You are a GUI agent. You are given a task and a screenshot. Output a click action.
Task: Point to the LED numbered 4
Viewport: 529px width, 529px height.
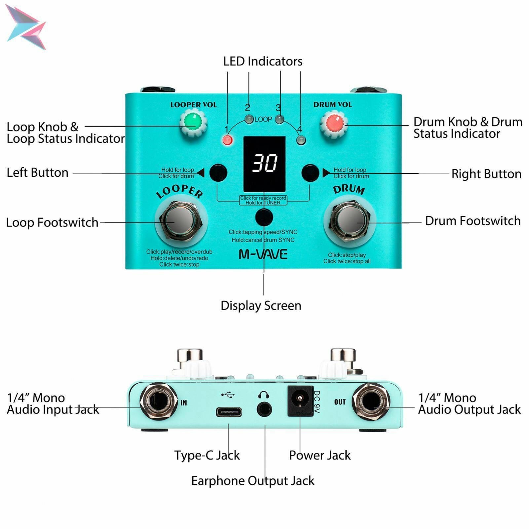(301, 140)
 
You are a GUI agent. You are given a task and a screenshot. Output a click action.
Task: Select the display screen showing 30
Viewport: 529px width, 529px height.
(264, 164)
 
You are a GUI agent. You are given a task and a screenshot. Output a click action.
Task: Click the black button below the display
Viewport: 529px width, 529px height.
(264, 217)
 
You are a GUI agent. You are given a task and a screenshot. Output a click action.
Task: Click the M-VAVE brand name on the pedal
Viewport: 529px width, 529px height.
(263, 254)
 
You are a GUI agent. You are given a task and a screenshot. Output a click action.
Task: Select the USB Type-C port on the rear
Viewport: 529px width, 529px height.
(229, 412)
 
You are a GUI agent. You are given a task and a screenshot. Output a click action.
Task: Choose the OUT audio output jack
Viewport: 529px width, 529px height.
(371, 402)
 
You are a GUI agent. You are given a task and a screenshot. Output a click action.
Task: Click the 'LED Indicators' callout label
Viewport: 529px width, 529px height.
(263, 61)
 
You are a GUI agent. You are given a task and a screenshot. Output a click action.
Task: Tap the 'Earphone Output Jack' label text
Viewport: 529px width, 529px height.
(253, 481)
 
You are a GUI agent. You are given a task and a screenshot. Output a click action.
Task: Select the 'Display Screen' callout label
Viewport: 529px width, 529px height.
(261, 306)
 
